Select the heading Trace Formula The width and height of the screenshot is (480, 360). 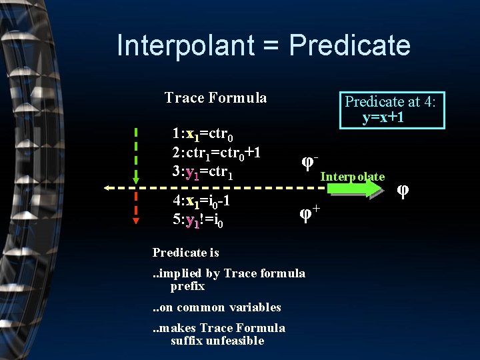(x=215, y=99)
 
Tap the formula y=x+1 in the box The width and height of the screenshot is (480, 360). (x=383, y=118)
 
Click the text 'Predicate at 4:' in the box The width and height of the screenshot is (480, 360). (x=390, y=101)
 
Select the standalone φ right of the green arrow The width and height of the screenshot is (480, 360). (x=403, y=190)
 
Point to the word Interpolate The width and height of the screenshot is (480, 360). (x=353, y=177)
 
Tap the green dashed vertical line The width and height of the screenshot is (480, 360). (x=136, y=153)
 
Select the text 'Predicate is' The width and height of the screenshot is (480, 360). (x=185, y=253)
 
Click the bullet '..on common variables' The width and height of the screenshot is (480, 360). (x=217, y=307)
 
